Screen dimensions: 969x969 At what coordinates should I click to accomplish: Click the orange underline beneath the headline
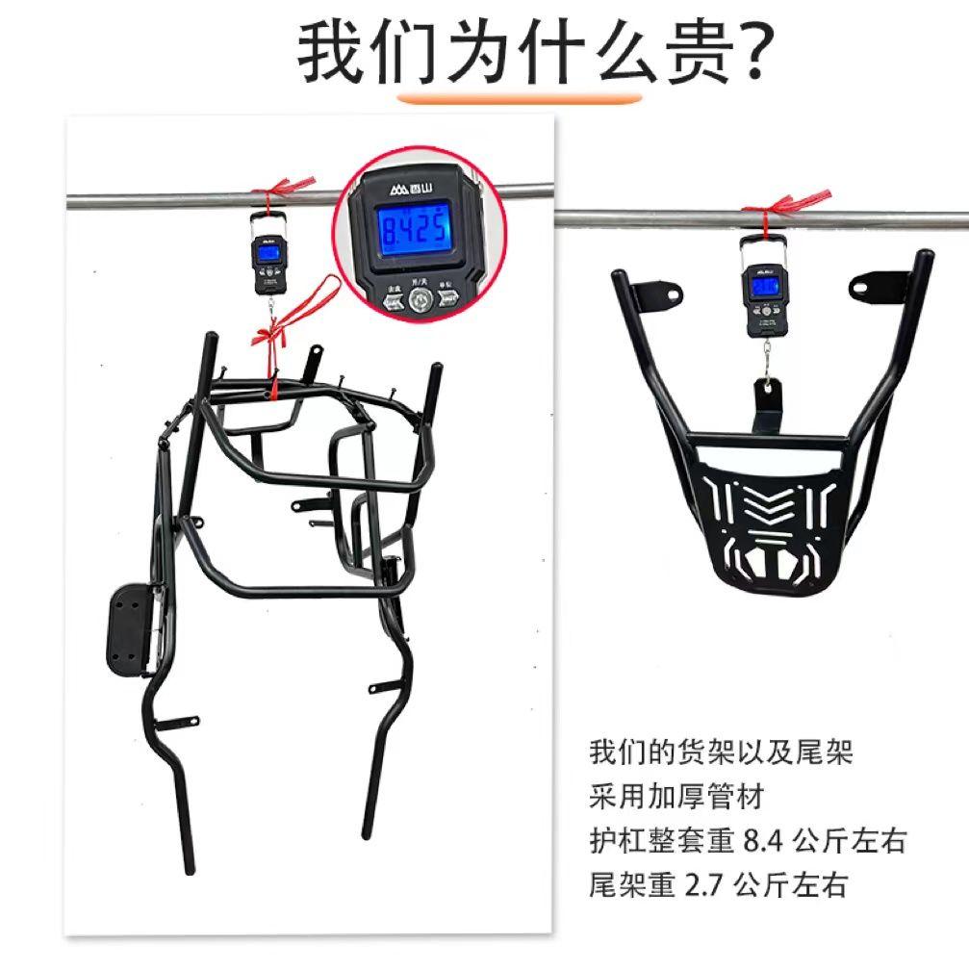tap(520, 97)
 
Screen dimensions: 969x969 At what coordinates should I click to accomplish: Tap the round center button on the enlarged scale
tap(416, 302)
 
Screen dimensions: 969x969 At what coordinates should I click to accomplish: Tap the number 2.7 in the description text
tap(705, 883)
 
